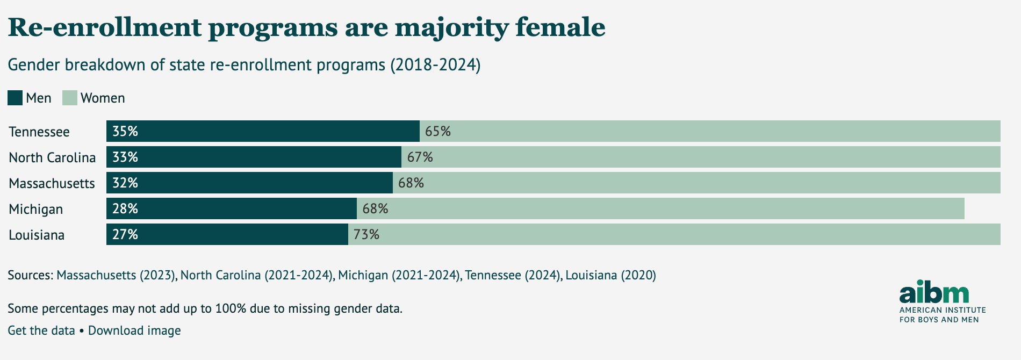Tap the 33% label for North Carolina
(x=125, y=157)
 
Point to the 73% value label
(x=366, y=234)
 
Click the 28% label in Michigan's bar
(x=125, y=208)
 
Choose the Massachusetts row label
(x=52, y=183)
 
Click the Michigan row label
(x=36, y=209)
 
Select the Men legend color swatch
(x=15, y=98)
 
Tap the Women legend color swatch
(x=70, y=98)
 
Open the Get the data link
(x=41, y=330)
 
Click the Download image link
(x=134, y=330)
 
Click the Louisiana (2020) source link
(x=610, y=275)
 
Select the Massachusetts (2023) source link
(x=116, y=275)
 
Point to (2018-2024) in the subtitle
(x=435, y=65)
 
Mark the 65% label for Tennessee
(x=438, y=131)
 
